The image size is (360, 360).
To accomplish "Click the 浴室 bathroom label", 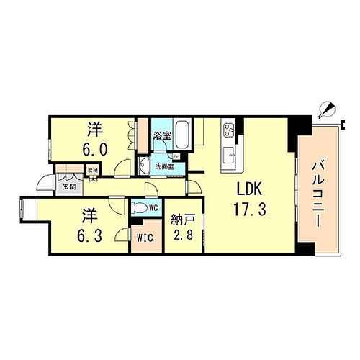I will (x=161, y=134).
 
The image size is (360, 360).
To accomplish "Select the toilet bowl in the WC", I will (x=140, y=208).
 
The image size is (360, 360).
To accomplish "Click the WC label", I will (x=153, y=208).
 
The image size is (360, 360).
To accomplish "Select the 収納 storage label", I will (x=91, y=171).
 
